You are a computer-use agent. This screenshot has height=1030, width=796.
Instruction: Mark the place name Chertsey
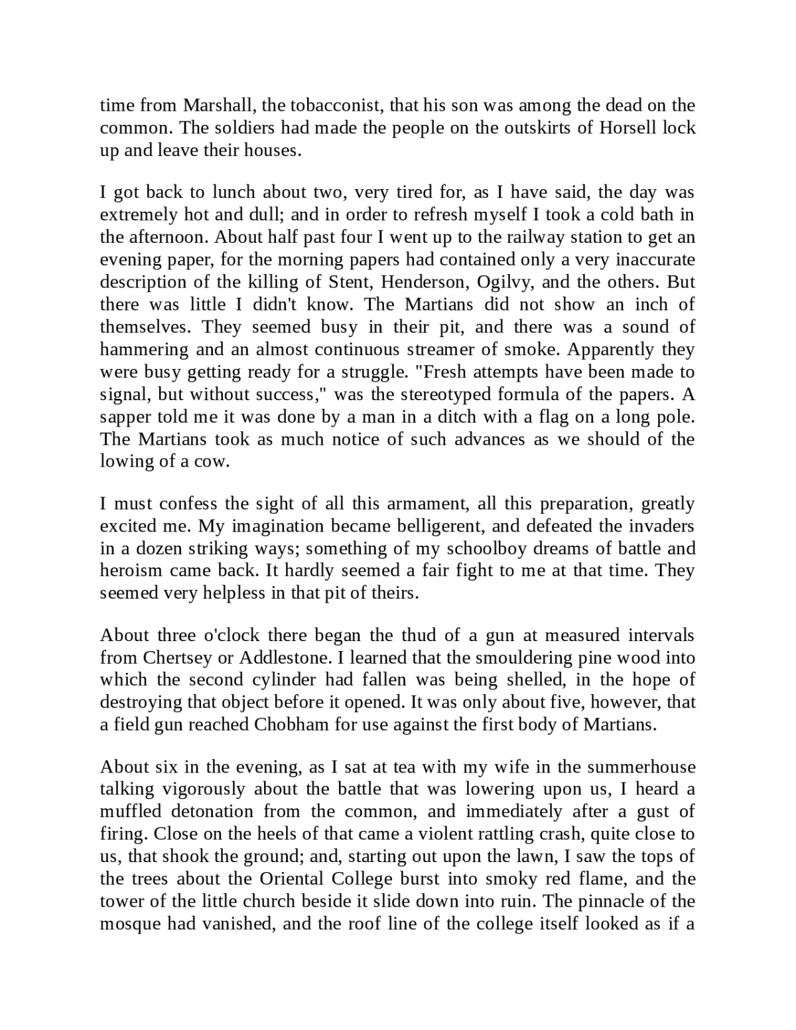pos(176,658)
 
